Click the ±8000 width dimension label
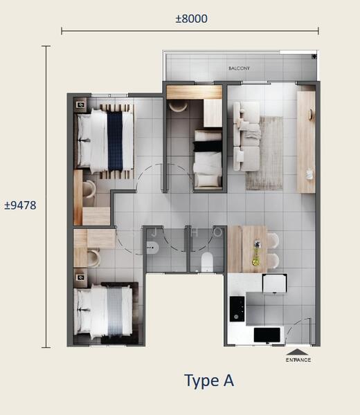tap(192, 19)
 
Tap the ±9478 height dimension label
tap(20, 205)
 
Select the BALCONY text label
tap(239, 68)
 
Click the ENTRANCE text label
tap(298, 360)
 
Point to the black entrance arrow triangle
tap(298, 352)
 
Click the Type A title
tap(209, 381)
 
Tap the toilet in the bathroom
tap(207, 261)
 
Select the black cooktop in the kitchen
tap(237, 308)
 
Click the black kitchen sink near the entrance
tap(267, 335)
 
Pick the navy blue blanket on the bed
tap(115, 141)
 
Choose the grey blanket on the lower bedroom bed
tap(115, 312)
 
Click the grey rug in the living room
tap(265, 154)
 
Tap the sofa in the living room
tap(246, 136)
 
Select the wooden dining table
tap(247, 249)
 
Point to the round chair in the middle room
tap(178, 107)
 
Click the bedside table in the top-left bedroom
tap(80, 105)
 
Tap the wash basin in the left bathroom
tap(152, 248)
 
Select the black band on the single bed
tap(208, 147)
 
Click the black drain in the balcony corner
tap(314, 57)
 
